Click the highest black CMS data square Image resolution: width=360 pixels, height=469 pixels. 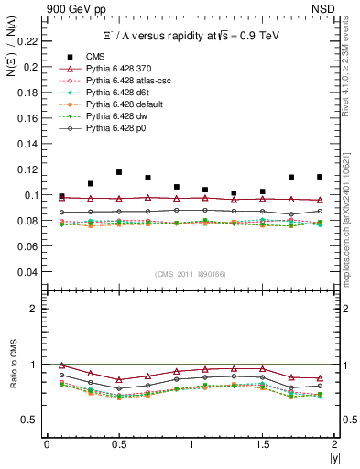[x=119, y=172]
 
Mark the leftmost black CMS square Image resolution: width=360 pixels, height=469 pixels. [x=61, y=197]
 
